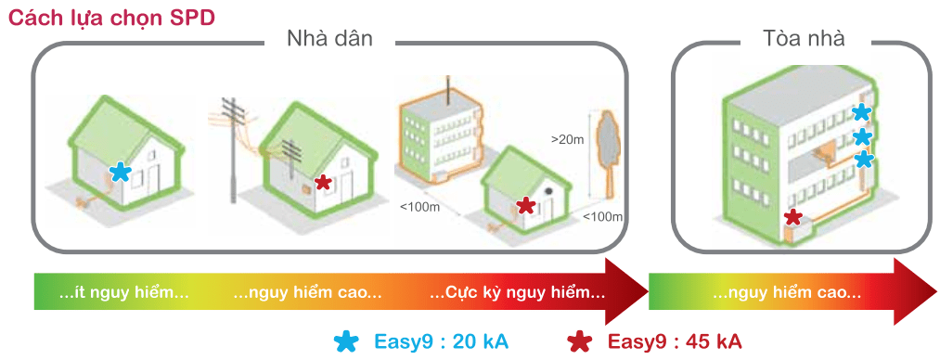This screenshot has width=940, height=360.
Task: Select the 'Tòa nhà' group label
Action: (804, 39)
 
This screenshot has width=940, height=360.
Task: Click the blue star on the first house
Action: (120, 171)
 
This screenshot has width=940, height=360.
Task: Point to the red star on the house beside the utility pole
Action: (322, 183)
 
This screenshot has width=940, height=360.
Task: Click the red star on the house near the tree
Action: (525, 205)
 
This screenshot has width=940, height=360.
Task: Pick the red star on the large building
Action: (792, 217)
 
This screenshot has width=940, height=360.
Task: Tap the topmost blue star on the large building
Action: (861, 113)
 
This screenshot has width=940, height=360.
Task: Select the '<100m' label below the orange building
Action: (419, 207)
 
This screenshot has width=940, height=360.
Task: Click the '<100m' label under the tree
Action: (602, 217)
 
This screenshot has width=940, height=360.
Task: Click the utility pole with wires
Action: (236, 148)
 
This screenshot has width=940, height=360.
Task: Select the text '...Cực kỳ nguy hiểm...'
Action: (518, 293)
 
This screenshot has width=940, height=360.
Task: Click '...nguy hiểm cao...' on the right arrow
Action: (786, 293)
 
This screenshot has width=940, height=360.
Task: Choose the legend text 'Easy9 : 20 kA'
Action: (441, 341)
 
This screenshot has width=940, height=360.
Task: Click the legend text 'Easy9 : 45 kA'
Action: (675, 341)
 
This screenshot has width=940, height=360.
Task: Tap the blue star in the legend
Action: (347, 341)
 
